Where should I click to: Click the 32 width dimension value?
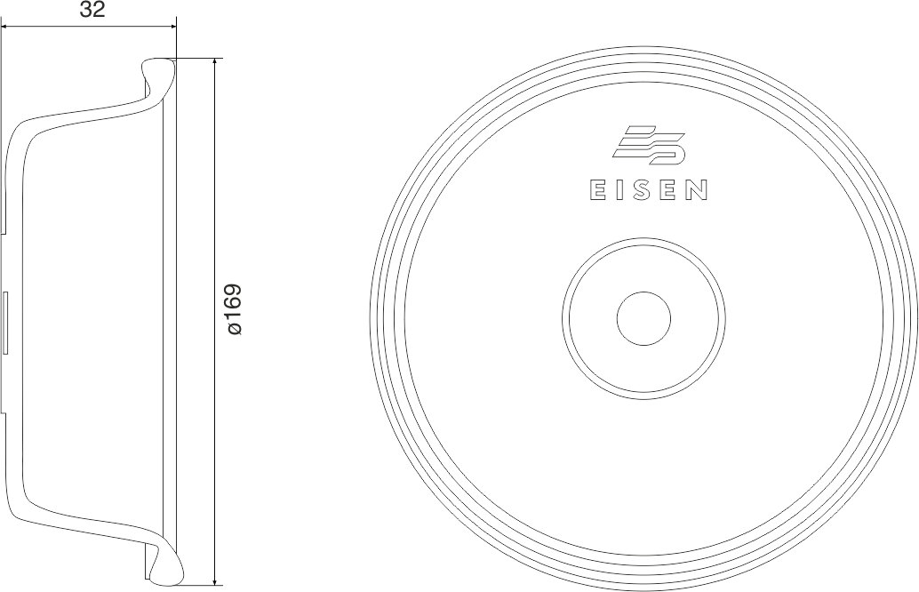click(92, 10)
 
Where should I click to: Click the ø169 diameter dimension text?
click(234, 309)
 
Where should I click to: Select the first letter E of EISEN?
click(597, 190)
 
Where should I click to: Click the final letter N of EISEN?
click(698, 190)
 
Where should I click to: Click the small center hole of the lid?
click(643, 318)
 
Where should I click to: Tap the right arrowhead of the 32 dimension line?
click(172, 26)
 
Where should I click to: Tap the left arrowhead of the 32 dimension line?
click(5, 26)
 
